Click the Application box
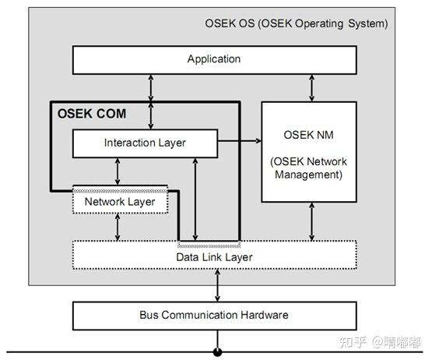[x=214, y=59]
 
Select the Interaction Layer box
[x=144, y=143]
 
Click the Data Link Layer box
[x=214, y=256]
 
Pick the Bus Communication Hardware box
[x=214, y=315]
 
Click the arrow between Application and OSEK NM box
[x=312, y=87]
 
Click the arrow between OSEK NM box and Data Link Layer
[x=312, y=222]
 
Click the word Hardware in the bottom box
[x=264, y=315]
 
